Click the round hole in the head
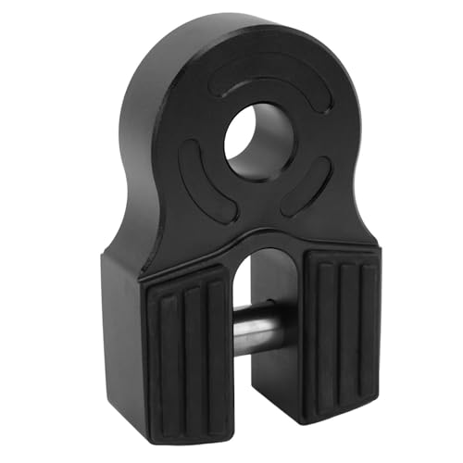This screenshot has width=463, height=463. (x=259, y=144)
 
